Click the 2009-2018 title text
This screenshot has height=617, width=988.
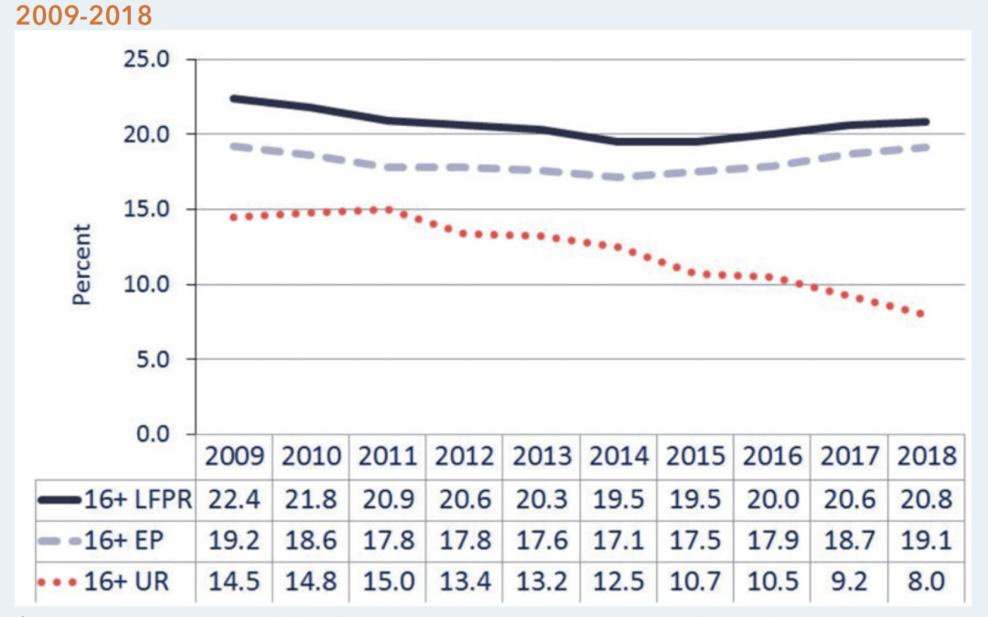pyautogui.click(x=84, y=16)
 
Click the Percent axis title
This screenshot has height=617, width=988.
pyautogui.click(x=82, y=264)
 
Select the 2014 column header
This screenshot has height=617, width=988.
pyautogui.click(x=618, y=455)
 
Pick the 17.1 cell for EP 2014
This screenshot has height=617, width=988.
pyautogui.click(x=618, y=540)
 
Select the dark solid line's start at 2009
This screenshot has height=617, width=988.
pyautogui.click(x=233, y=98)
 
